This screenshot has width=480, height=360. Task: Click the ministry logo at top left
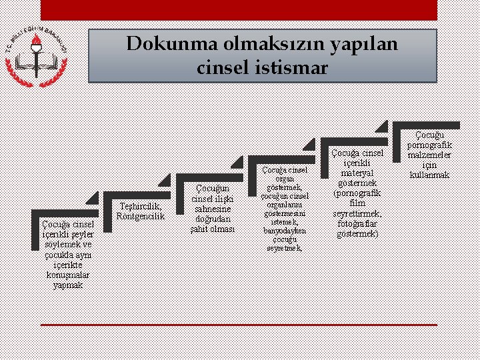37,55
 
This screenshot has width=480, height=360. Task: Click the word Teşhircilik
139,206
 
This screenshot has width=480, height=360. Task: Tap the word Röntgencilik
140,216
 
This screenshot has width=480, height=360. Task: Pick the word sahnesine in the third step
212,209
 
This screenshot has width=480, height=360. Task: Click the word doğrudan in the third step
212,219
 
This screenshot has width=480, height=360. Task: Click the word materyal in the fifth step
357,173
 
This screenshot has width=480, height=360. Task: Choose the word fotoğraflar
357,223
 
